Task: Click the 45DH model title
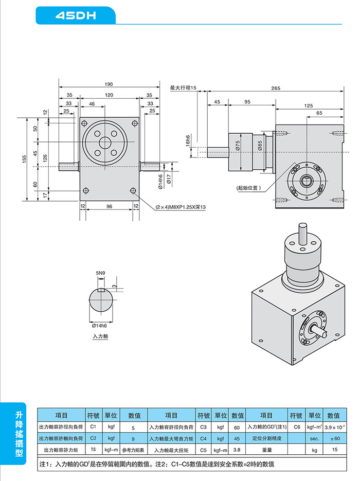76,16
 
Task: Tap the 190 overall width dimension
109,84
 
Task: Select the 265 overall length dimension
276,88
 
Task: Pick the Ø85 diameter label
260,146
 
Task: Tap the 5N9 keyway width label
101,273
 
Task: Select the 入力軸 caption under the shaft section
100,336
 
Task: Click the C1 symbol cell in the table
93,427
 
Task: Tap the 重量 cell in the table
266,450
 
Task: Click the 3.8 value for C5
237,450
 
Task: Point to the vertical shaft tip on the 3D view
301,226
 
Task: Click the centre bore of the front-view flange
105,142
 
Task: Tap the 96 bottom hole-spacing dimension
109,206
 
